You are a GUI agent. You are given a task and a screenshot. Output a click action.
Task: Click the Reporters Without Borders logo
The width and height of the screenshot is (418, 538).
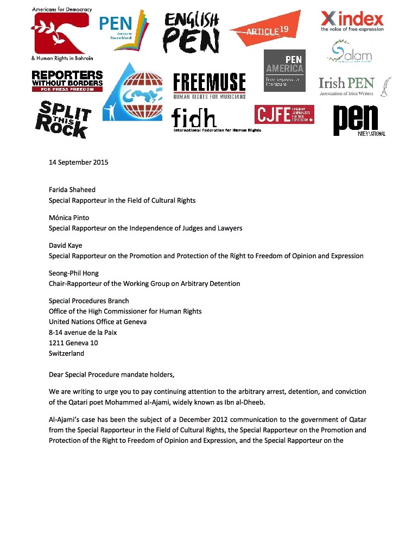pyautogui.click(x=67, y=81)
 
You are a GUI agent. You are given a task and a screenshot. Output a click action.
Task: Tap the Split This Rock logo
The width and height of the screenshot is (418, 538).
pyautogui.click(x=63, y=119)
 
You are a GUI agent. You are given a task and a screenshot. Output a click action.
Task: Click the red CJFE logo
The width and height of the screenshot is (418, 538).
pyautogui.click(x=284, y=114)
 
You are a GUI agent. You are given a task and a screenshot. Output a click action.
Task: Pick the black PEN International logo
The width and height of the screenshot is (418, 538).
pyautogui.click(x=359, y=121)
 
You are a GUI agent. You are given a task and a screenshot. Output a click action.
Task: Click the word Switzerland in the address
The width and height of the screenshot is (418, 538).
pyautogui.click(x=66, y=353)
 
